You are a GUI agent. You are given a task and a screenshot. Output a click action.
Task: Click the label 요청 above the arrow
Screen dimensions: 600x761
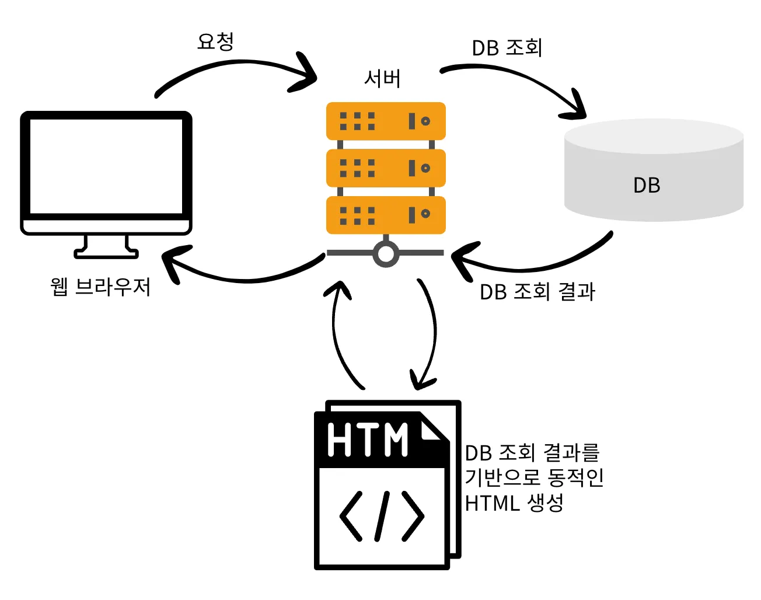point(215,42)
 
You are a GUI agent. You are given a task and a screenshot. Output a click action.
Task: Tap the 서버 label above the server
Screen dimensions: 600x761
point(382,79)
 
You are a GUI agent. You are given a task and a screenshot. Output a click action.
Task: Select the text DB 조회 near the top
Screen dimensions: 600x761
point(507,48)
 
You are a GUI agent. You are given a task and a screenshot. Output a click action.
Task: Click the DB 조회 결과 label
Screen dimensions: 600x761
point(537,292)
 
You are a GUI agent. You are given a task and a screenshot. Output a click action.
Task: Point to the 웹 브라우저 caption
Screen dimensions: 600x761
point(100,287)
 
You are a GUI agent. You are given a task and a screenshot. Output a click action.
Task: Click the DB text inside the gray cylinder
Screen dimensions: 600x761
point(647,186)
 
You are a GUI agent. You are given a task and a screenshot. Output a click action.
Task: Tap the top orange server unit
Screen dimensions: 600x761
point(386,121)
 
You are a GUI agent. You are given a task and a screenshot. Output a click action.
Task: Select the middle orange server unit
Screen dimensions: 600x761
point(386,168)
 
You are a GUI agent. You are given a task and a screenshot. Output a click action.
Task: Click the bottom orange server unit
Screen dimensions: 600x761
point(386,215)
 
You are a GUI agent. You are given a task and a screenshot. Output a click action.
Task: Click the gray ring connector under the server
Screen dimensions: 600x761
point(386,254)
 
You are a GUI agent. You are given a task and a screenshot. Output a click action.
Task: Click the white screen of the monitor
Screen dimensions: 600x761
point(106,166)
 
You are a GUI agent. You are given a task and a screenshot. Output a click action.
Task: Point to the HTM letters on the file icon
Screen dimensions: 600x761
point(368,439)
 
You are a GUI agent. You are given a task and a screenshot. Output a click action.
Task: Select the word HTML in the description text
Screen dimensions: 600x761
point(491,503)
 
